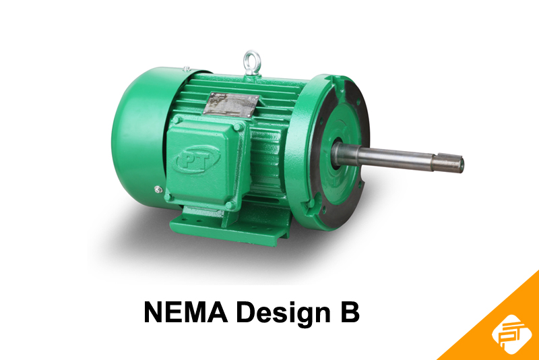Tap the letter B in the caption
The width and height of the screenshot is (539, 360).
350,313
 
